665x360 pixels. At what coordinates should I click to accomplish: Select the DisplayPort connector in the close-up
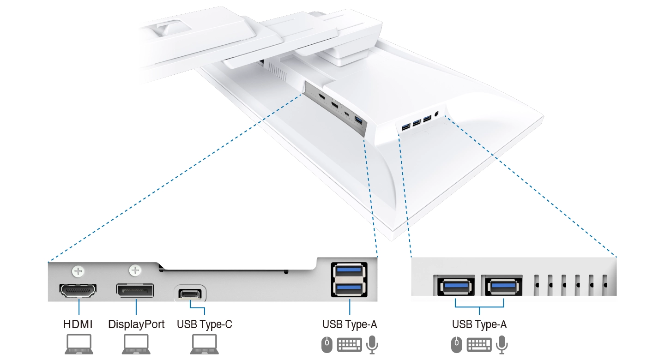point(134,291)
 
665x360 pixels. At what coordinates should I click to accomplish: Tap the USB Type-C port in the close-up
point(190,294)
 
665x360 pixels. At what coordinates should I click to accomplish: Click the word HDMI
point(78,324)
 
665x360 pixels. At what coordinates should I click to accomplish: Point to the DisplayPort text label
point(136,324)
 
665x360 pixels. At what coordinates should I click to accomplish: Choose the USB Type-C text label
point(204,324)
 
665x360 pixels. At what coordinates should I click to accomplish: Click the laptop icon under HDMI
point(78,344)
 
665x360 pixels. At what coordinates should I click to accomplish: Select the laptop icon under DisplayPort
point(136,344)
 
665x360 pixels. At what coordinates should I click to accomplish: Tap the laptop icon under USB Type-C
point(204,344)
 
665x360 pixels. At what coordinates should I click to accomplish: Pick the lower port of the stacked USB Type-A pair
point(349,288)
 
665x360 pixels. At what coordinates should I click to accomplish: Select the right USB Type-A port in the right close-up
point(503,287)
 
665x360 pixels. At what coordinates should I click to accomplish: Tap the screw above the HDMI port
point(79,270)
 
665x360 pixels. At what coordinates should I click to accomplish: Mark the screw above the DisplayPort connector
point(135,270)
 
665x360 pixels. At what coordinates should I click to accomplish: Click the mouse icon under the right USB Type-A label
point(456,344)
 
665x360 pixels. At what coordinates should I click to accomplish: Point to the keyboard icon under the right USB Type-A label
point(479,344)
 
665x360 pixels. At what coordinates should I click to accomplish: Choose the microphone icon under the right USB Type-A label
point(502,344)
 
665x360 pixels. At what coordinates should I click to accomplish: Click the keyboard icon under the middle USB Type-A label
point(349,344)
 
